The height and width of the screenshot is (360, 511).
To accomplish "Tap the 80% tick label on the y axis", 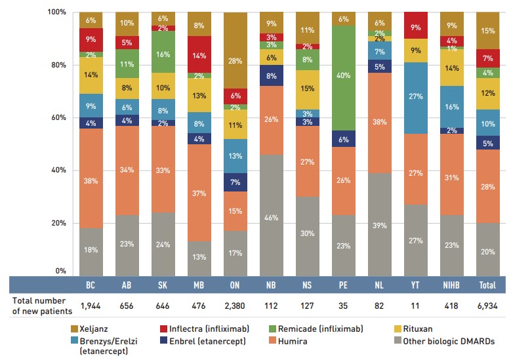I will click(58, 65).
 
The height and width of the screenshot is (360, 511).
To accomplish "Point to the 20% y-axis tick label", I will click(58, 223).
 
